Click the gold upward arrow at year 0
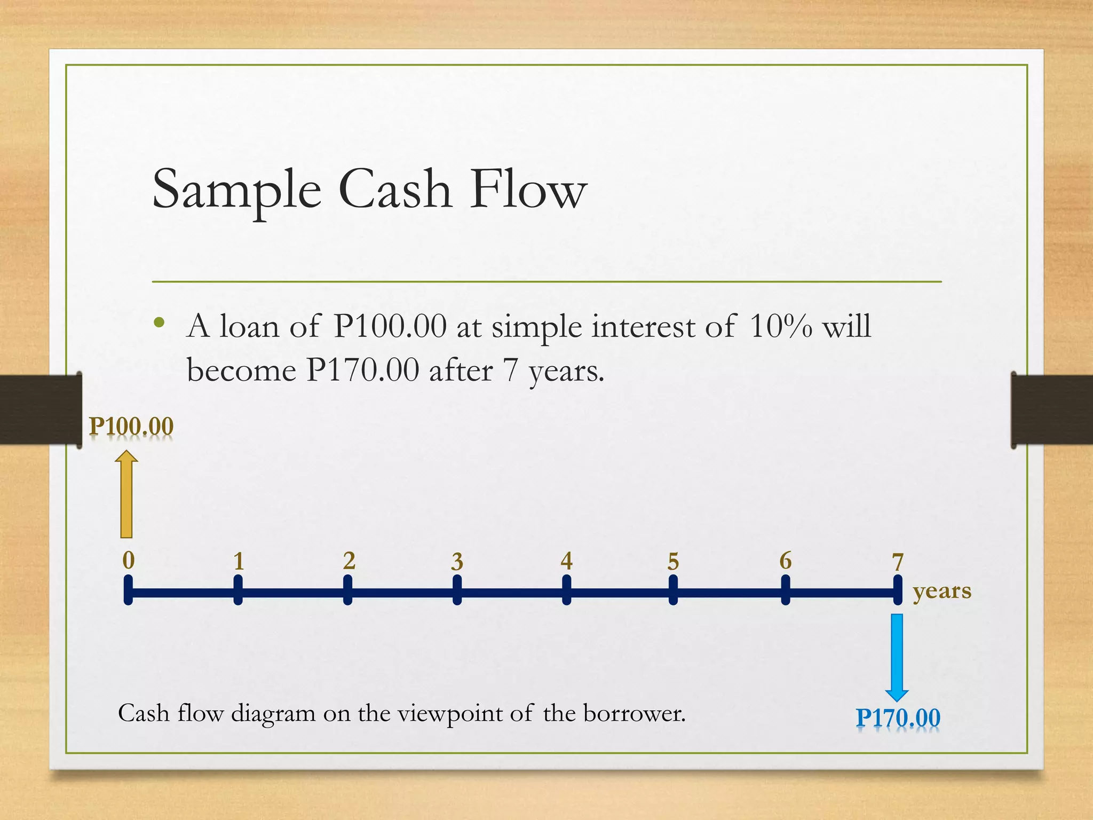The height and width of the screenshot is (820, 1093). pos(126,494)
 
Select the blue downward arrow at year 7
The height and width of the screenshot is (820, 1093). pos(897,657)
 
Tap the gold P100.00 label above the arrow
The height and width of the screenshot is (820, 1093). pos(131,427)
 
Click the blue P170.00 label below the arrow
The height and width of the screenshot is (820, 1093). pos(898,717)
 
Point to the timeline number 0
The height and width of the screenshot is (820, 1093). pos(129,561)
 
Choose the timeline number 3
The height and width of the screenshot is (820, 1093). pos(457,562)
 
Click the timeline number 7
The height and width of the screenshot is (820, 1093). pos(898,562)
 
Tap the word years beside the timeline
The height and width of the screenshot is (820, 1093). pos(942,592)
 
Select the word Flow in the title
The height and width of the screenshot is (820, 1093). pos(528,190)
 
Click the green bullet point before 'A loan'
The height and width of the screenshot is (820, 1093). pos(159,322)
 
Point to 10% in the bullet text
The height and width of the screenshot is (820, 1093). pos(780,326)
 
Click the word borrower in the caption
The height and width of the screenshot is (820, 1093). pos(633,713)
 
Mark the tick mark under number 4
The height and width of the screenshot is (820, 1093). pos(567,590)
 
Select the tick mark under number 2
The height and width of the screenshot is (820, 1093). pos(347,590)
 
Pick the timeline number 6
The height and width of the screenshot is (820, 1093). pos(786,561)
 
